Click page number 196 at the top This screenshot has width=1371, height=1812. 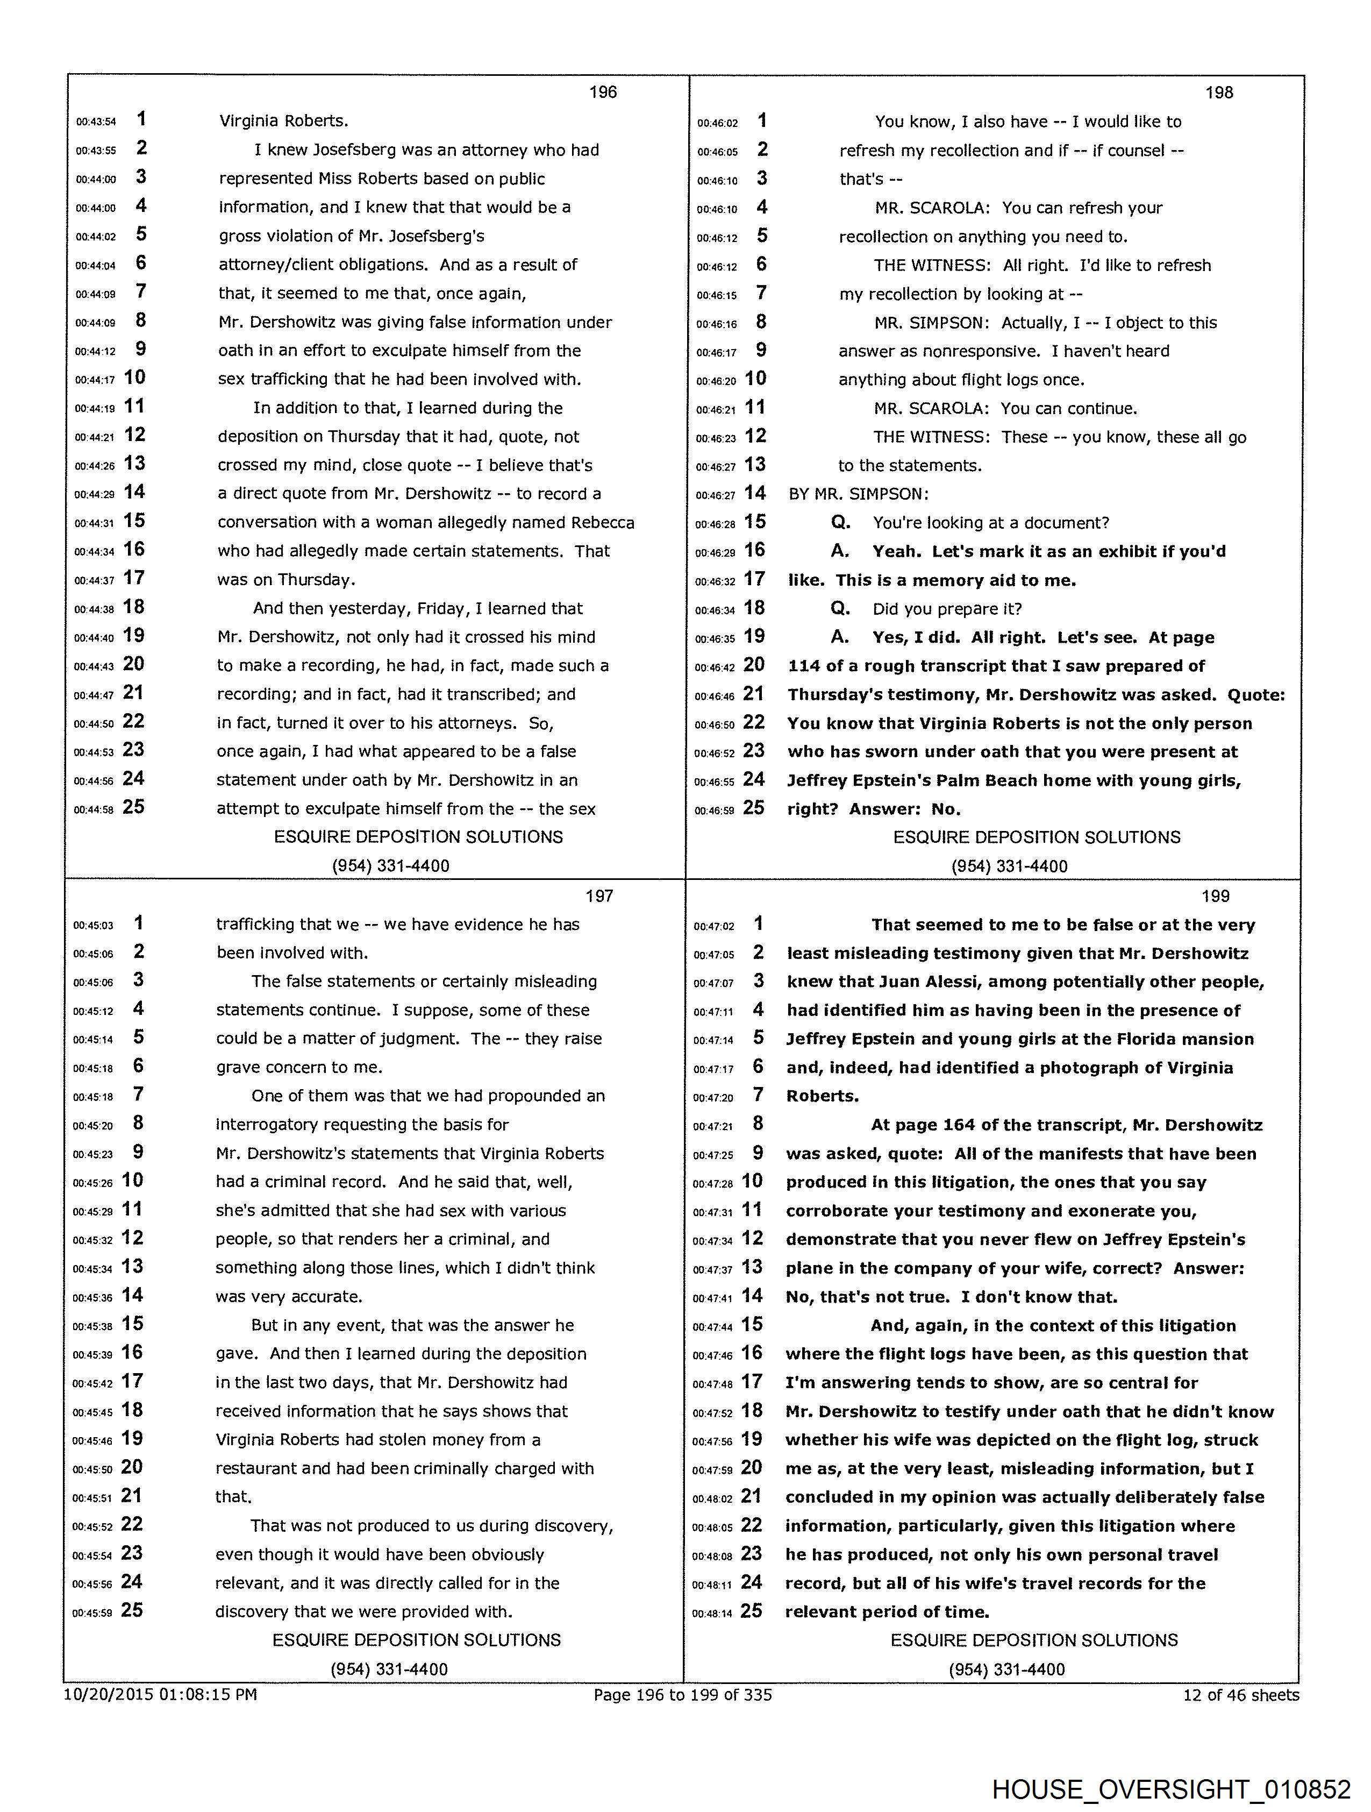pos(603,92)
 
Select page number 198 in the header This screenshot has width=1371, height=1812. pos(1219,93)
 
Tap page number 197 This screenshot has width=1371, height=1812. pos(599,896)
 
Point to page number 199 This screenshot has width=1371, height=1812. pos(1216,896)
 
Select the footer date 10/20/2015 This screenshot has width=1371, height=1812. pos(108,1694)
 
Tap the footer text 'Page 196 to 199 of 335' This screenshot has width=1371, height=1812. pos(682,1694)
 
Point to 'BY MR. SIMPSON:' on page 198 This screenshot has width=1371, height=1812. pos(858,494)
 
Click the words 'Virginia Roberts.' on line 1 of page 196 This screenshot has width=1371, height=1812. pos(283,121)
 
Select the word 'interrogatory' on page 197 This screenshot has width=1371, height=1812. pos(266,1125)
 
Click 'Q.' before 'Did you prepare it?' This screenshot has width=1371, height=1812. pos(840,609)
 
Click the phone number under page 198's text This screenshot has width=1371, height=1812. pos(1009,866)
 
